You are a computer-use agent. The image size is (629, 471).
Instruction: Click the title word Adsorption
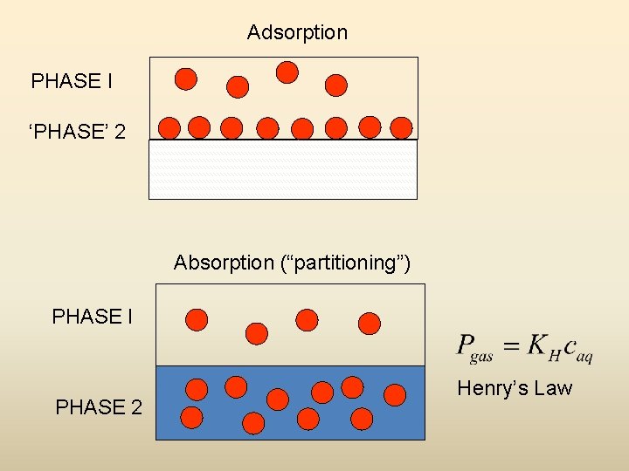297,33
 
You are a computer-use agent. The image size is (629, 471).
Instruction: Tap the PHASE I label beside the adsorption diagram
71,82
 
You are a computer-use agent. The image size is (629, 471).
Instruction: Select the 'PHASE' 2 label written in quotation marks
77,132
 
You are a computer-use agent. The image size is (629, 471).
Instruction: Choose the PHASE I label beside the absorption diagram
92,317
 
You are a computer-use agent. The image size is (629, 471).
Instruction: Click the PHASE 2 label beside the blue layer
98,407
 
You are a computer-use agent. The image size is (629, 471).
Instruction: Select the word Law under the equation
554,388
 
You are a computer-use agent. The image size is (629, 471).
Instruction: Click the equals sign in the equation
512,344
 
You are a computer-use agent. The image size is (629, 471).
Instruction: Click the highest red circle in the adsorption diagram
287,72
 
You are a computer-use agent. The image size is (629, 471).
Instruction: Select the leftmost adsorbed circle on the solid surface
169,128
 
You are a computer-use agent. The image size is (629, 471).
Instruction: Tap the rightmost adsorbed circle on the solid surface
401,128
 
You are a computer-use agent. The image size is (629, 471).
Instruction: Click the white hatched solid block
283,169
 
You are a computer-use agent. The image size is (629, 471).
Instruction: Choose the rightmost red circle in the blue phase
395,395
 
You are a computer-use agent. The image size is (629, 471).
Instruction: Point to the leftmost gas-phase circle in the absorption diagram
197,320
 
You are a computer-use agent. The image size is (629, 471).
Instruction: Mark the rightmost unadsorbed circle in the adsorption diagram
336,85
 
